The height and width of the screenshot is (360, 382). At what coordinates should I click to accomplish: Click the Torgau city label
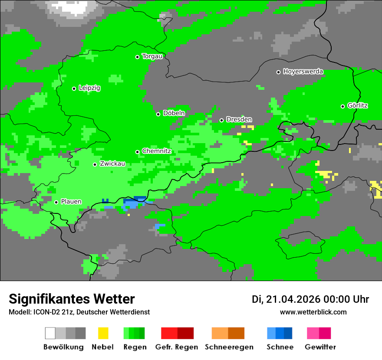pyautogui.click(x=152, y=56)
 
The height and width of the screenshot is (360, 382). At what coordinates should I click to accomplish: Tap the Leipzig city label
pyautogui.click(x=89, y=88)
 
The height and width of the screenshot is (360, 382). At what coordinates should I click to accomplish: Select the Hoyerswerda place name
pyautogui.click(x=303, y=72)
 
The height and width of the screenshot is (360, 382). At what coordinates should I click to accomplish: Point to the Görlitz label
pyautogui.click(x=358, y=106)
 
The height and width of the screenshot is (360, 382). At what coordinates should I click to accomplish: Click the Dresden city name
pyautogui.click(x=239, y=120)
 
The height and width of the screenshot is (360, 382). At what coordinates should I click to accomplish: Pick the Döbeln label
pyautogui.click(x=174, y=113)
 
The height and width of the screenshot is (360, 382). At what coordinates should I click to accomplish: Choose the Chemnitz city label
pyautogui.click(x=156, y=151)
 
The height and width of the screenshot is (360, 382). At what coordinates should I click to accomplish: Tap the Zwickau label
pyautogui.click(x=112, y=164)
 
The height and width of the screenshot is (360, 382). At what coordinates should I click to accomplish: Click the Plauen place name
pyautogui.click(x=71, y=202)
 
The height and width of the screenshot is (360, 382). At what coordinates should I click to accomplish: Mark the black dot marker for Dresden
pyautogui.click(x=221, y=120)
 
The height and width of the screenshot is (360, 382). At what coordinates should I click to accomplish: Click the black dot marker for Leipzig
pyautogui.click(x=74, y=88)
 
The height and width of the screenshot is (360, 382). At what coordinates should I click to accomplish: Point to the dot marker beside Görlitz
pyautogui.click(x=342, y=106)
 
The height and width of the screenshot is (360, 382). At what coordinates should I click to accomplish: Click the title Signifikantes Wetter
pyautogui.click(x=72, y=299)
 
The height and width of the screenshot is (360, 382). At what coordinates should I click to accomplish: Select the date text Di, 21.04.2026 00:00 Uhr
pyautogui.click(x=310, y=299)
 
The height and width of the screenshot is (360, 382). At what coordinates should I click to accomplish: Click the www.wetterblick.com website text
pyautogui.click(x=313, y=312)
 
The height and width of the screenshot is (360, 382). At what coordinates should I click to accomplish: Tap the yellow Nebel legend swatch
pyautogui.click(x=103, y=333)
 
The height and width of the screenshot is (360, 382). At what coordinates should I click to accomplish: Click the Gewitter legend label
pyautogui.click(x=320, y=347)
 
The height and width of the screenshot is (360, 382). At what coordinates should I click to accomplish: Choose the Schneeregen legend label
pyautogui.click(x=229, y=347)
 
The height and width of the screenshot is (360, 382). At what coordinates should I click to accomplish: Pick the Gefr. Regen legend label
pyautogui.click(x=177, y=347)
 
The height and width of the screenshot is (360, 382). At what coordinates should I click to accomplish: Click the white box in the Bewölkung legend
pyautogui.click(x=50, y=333)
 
